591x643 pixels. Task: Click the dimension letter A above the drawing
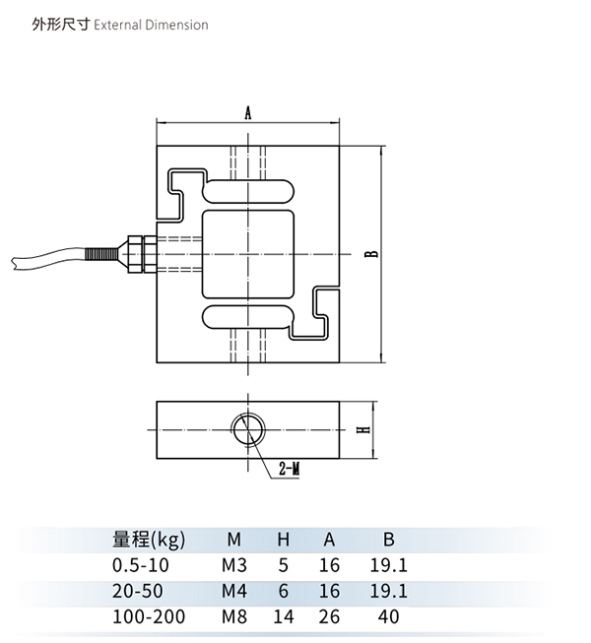click(248, 113)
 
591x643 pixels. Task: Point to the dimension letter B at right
click(369, 254)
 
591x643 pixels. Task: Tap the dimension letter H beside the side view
click(362, 430)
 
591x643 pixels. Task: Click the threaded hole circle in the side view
click(247, 430)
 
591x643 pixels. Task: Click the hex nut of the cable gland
click(135, 252)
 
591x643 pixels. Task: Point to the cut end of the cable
click(13, 262)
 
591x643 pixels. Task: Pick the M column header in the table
click(233, 540)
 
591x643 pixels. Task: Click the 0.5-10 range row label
click(142, 565)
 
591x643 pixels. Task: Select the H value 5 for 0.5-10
click(283, 565)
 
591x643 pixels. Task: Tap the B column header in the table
click(388, 540)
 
